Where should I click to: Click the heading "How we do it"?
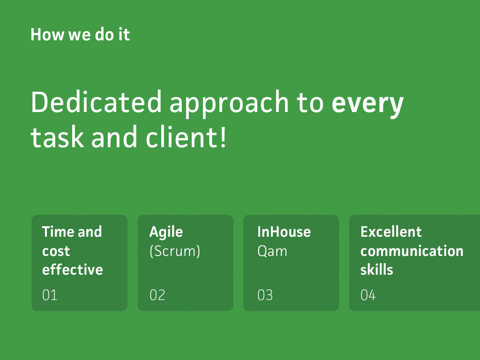click(x=80, y=34)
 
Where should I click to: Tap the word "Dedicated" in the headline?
click(x=96, y=102)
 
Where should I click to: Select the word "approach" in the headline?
click(x=229, y=105)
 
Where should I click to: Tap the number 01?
click(x=50, y=295)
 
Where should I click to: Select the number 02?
click(x=157, y=295)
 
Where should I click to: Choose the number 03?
click(x=265, y=295)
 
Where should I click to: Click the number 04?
click(x=368, y=295)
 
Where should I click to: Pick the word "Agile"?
click(x=166, y=232)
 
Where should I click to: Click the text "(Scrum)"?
click(x=175, y=251)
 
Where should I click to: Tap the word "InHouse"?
click(x=284, y=232)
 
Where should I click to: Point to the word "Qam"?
click(x=272, y=252)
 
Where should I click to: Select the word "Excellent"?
click(x=391, y=232)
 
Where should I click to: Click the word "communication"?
click(x=412, y=251)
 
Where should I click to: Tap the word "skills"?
click(x=376, y=270)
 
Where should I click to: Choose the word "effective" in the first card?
click(x=73, y=270)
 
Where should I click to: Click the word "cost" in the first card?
click(x=56, y=251)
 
